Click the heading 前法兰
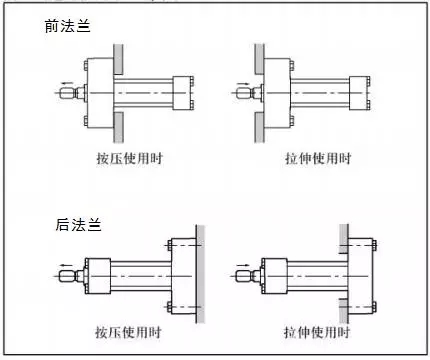point(68,26)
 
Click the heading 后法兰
point(78,224)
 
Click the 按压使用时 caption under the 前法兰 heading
point(130,158)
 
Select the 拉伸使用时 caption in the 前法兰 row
point(318,158)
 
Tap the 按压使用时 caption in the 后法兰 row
point(128,332)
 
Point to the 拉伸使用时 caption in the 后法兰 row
point(317,332)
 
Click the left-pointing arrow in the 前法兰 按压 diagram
point(67,83)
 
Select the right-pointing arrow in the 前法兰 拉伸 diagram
point(244,84)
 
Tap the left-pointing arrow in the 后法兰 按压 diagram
point(67,266)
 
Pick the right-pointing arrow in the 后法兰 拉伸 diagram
point(243,266)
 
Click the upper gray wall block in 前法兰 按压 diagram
point(118,59)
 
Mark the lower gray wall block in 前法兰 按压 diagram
point(118,127)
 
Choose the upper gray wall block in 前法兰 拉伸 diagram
point(260,59)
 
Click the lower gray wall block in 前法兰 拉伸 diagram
point(260,127)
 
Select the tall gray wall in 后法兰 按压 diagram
point(200,274)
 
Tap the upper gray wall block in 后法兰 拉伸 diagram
point(344,239)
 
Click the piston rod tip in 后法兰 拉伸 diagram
point(242,276)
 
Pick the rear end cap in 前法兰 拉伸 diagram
point(359,93)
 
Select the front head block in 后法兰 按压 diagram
point(98,276)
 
